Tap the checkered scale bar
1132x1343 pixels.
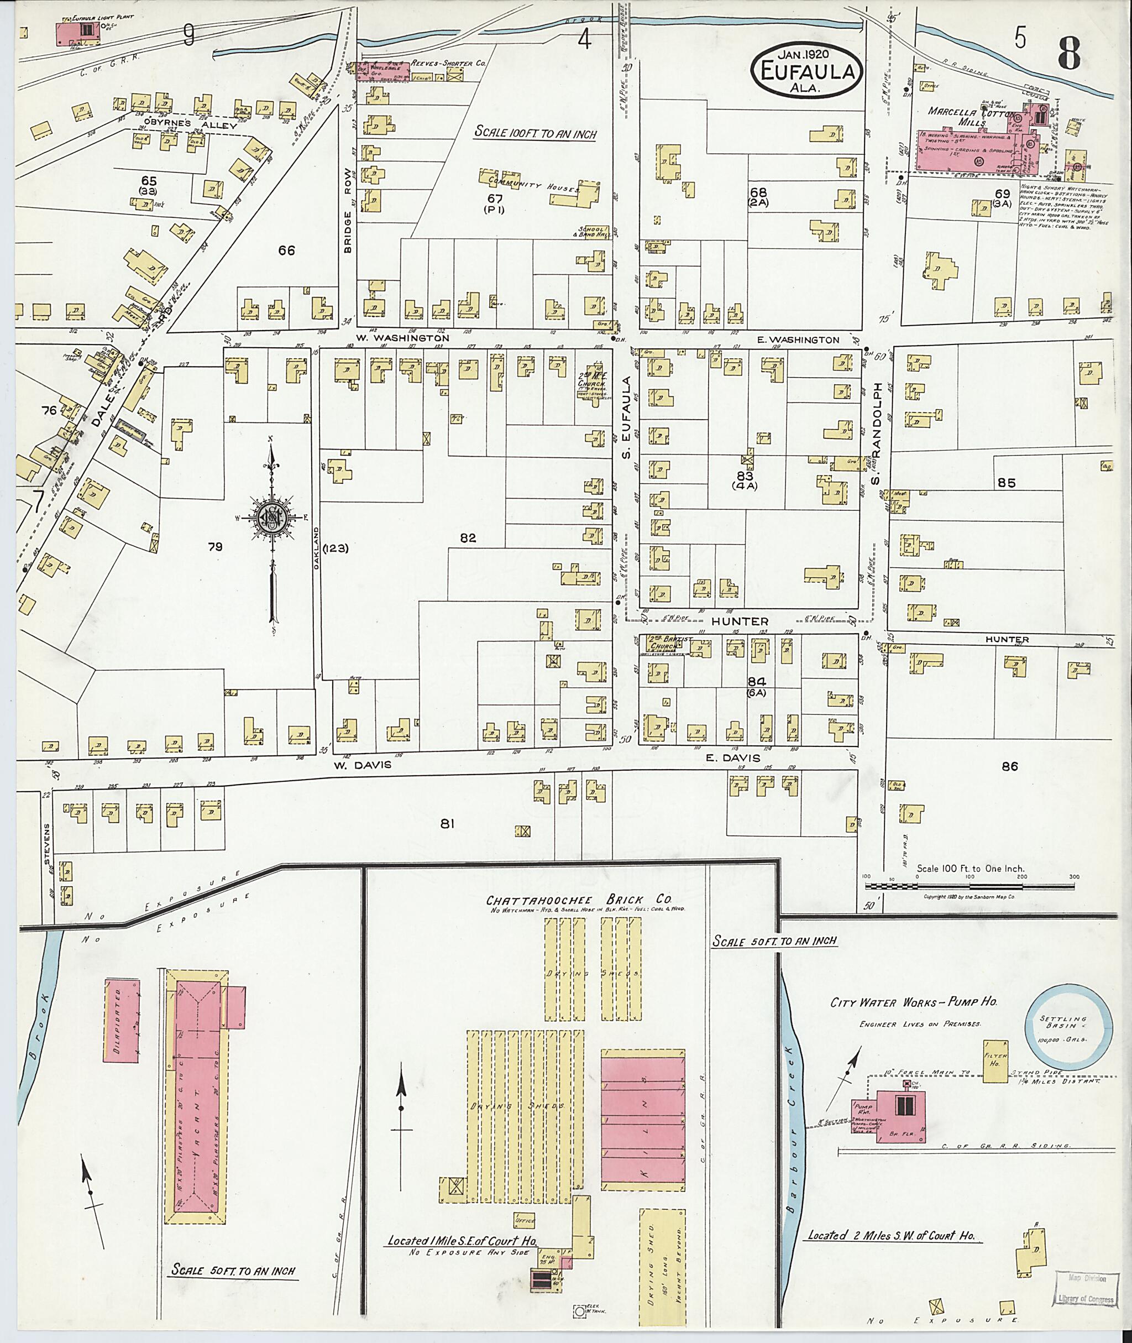(969, 886)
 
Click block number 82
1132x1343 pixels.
(468, 538)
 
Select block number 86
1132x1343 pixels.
(1009, 765)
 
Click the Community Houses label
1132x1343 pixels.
(533, 182)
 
